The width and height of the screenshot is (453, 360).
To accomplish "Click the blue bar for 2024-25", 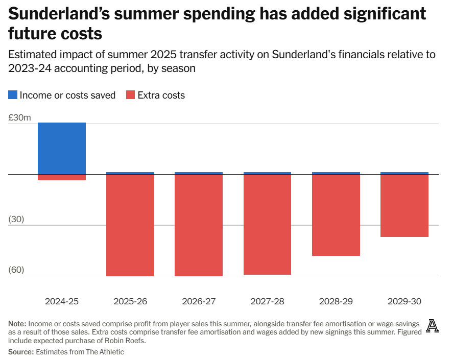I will click(62, 148).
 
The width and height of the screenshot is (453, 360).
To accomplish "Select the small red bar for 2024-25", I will click(62, 177).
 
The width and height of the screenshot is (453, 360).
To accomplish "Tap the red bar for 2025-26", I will click(130, 225).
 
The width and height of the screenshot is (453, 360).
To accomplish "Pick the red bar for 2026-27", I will click(199, 225).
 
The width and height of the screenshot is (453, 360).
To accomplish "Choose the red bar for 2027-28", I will click(267, 225).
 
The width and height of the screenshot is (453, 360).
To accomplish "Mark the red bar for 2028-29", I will click(336, 215).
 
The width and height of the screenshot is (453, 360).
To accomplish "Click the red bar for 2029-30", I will click(404, 206).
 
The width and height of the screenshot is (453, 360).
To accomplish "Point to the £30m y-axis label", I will click(19, 117).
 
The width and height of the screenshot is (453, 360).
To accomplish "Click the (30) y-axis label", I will click(16, 220).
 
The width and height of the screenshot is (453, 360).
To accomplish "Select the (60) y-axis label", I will click(16, 270).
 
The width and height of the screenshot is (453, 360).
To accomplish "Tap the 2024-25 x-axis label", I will click(62, 301).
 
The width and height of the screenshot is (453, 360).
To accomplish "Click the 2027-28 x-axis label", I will click(267, 301).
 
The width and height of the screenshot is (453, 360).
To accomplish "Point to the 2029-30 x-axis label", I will click(404, 301).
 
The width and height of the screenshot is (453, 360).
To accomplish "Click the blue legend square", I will click(13, 95).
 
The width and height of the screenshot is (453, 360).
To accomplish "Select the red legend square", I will click(130, 95).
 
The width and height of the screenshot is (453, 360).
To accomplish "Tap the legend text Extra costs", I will click(162, 95).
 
